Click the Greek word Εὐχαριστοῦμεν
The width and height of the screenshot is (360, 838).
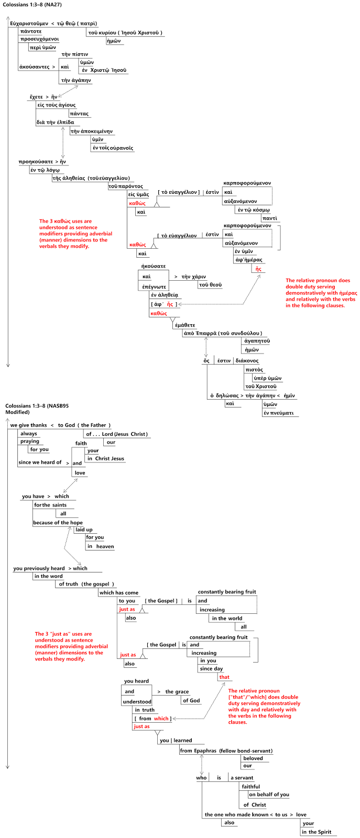(29, 24)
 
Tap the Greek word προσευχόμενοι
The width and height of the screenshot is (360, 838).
(39, 39)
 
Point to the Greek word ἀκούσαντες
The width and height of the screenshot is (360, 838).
(34, 67)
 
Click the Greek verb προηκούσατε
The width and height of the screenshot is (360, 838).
(36, 162)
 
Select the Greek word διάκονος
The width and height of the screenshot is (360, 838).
(247, 360)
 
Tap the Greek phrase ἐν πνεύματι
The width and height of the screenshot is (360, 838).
(279, 413)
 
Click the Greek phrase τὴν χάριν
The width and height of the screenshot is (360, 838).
(193, 277)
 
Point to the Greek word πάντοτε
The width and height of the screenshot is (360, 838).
(31, 31)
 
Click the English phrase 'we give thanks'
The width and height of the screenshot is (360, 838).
(29, 425)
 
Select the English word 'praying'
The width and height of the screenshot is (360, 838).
(30, 442)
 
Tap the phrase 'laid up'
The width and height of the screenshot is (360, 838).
(84, 530)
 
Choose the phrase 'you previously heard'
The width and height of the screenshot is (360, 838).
(39, 568)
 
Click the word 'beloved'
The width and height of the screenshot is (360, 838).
(253, 758)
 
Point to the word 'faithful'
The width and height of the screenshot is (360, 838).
(250, 787)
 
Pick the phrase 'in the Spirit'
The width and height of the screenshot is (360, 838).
(317, 832)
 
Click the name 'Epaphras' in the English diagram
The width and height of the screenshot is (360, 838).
(205, 751)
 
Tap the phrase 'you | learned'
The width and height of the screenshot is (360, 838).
(176, 740)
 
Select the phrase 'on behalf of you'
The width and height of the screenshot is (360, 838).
(269, 795)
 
